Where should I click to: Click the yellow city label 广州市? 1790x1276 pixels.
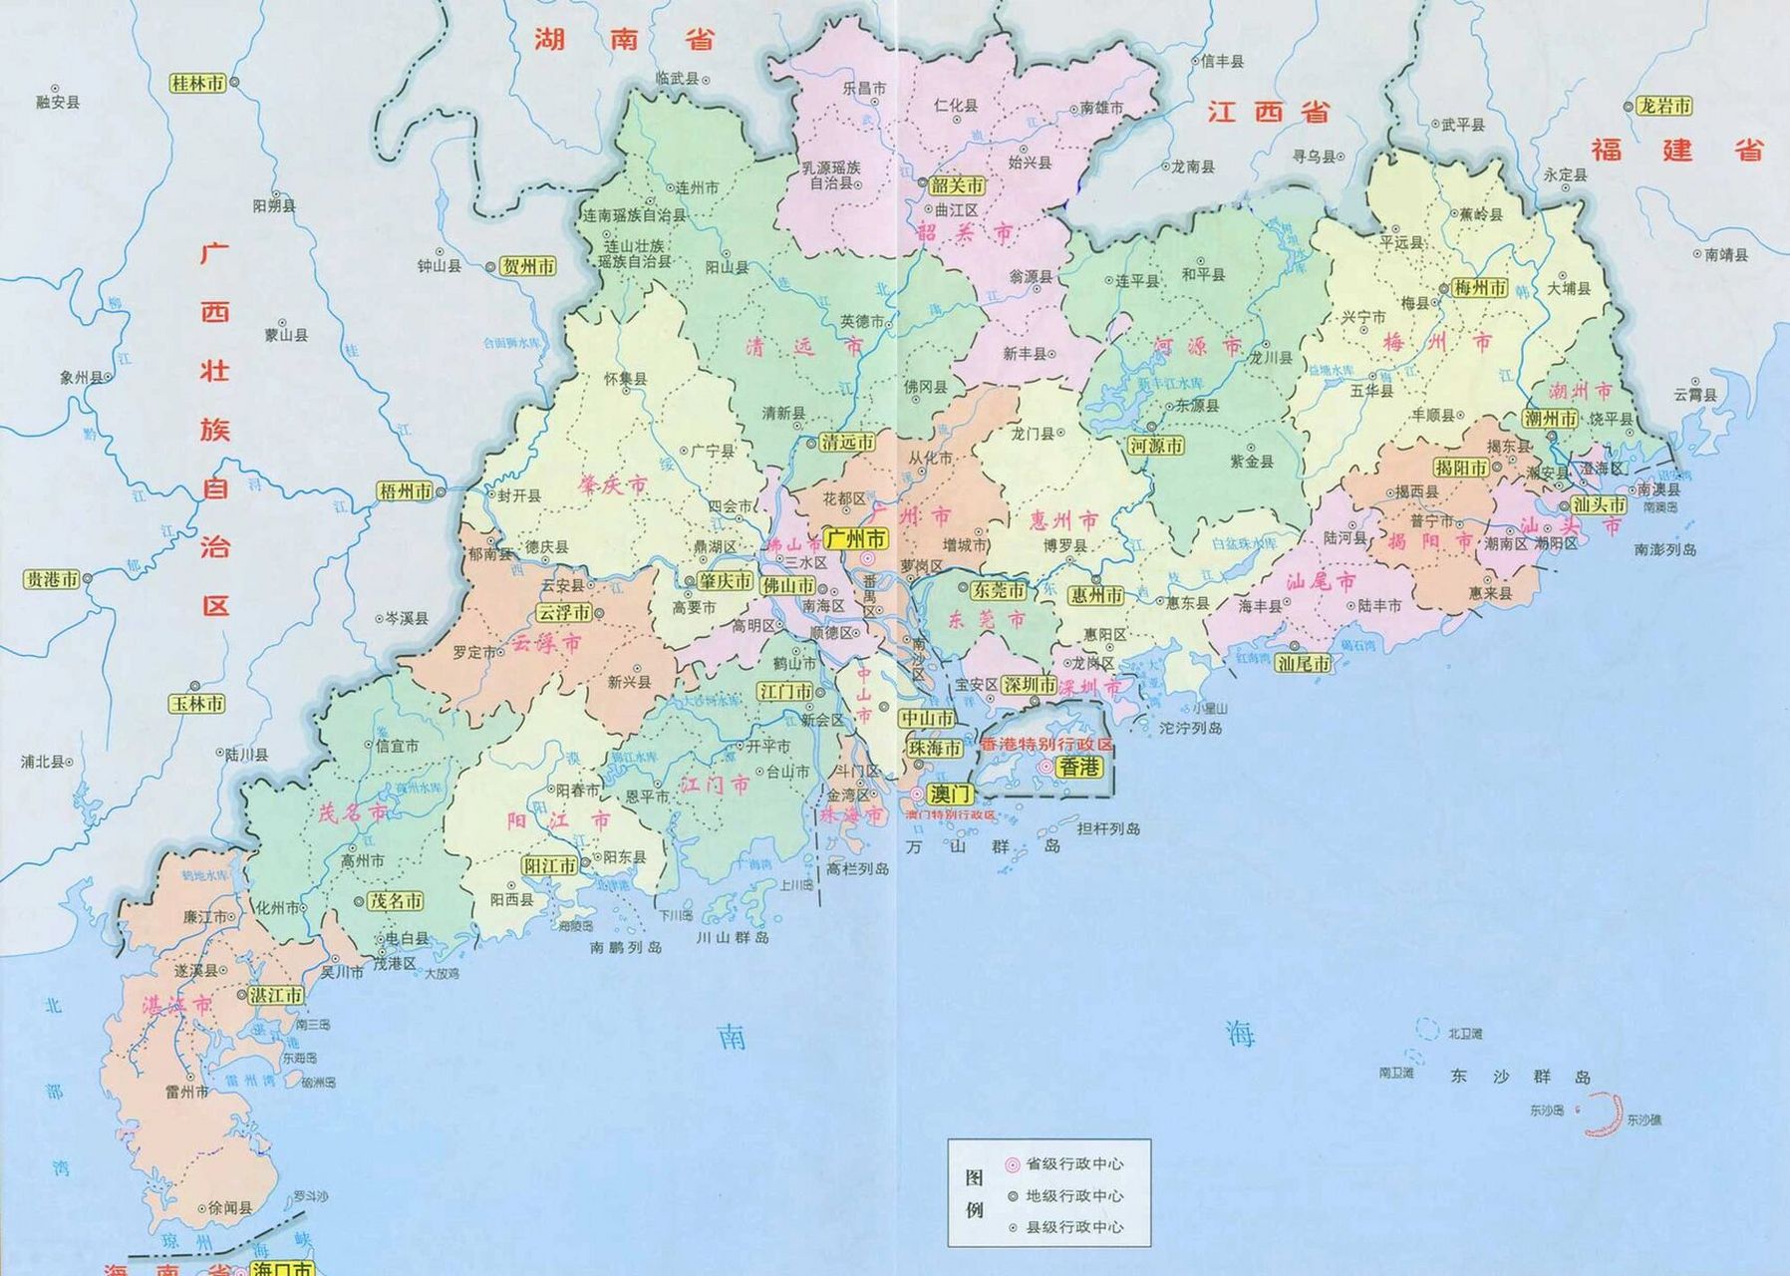[x=856, y=539]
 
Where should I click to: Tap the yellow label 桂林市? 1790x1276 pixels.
[x=197, y=84]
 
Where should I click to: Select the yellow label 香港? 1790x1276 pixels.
[x=1079, y=767]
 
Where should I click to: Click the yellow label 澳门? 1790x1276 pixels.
[x=948, y=795]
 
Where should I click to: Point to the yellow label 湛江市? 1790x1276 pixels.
[x=276, y=995]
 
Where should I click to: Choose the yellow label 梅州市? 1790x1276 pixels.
[x=1480, y=287]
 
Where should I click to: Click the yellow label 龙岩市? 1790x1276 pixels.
[x=1664, y=106]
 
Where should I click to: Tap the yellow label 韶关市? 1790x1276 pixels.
[x=958, y=184]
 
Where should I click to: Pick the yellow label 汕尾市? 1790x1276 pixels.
[x=1304, y=663]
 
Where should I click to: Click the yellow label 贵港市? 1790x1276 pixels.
[x=52, y=579]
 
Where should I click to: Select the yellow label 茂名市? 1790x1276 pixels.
[x=396, y=901]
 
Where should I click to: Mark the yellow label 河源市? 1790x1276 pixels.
[x=1156, y=446]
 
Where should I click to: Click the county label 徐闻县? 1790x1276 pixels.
[x=230, y=1207]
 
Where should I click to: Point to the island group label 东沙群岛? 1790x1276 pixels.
[x=1519, y=1077]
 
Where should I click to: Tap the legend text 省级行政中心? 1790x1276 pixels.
[x=1074, y=1163]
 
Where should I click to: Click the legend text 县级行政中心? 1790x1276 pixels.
[x=1074, y=1227]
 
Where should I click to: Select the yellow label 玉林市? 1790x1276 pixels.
[x=197, y=704]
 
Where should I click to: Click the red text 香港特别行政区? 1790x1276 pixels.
[x=1046, y=746]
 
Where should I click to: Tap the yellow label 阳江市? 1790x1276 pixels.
[x=550, y=866]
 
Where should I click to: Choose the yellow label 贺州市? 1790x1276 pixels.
[x=528, y=266]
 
